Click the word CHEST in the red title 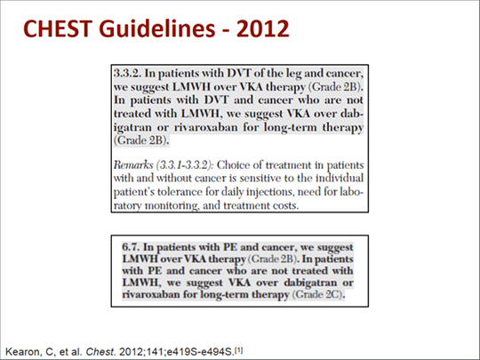[x=58, y=28]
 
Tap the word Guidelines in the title [x=157, y=28]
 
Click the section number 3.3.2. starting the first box [x=128, y=73]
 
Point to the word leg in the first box [x=294, y=74]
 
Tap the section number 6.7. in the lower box [x=131, y=247]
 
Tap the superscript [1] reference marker [x=239, y=350]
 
